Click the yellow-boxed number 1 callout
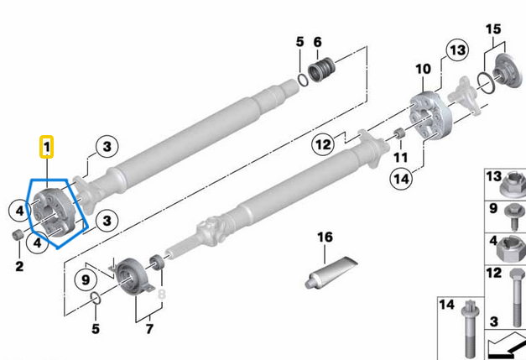[x=48, y=148]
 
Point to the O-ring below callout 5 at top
[x=301, y=80]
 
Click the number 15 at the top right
[x=493, y=29]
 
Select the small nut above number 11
[x=401, y=135]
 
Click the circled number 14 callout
[x=401, y=177]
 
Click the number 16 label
[x=325, y=238]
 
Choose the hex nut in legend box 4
[x=506, y=249]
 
